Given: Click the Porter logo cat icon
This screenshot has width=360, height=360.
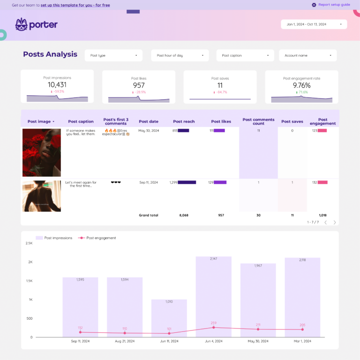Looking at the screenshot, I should (x=21, y=24).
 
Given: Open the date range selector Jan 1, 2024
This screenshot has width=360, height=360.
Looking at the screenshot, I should (x=314, y=24).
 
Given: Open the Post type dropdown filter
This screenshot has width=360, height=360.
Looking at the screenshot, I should (x=113, y=55).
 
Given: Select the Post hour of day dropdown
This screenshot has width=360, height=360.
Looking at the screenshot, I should (x=180, y=55).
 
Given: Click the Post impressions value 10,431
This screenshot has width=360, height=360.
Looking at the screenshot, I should (x=57, y=85).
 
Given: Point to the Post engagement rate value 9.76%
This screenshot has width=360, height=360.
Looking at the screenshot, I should (x=301, y=85).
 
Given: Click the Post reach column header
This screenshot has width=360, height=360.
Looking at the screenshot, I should (x=184, y=121).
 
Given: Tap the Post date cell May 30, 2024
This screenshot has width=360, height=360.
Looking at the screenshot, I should (x=148, y=131).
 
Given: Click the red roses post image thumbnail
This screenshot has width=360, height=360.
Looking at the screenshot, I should (x=42, y=152).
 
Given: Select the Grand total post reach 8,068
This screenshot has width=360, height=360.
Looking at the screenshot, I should (x=184, y=215).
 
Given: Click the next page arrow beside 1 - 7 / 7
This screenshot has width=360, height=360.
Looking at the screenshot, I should (x=335, y=222).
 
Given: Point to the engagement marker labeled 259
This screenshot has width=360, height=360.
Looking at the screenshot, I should (x=213, y=328).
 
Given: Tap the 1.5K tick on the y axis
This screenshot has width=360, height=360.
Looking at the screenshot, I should (x=29, y=281).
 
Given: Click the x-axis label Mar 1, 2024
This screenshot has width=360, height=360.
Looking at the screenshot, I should (x=302, y=341).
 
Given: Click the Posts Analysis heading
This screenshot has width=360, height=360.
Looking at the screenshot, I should (x=50, y=54).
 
